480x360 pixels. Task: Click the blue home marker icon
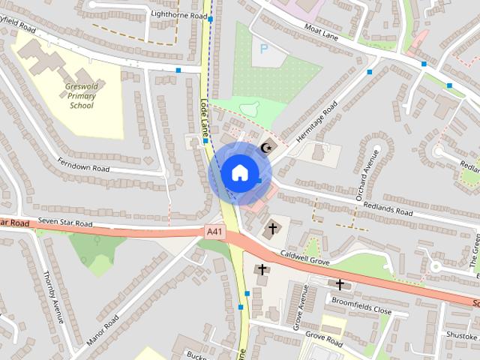click(x=238, y=172)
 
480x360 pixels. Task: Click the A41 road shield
click(x=214, y=233)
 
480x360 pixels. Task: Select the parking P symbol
click(x=263, y=49)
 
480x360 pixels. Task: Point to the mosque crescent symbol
click(x=265, y=148)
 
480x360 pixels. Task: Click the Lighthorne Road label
click(x=178, y=15)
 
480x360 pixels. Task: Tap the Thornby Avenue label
click(x=54, y=297)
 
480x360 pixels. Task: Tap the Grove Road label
click(x=324, y=343)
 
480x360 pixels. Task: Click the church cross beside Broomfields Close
click(x=340, y=284)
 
